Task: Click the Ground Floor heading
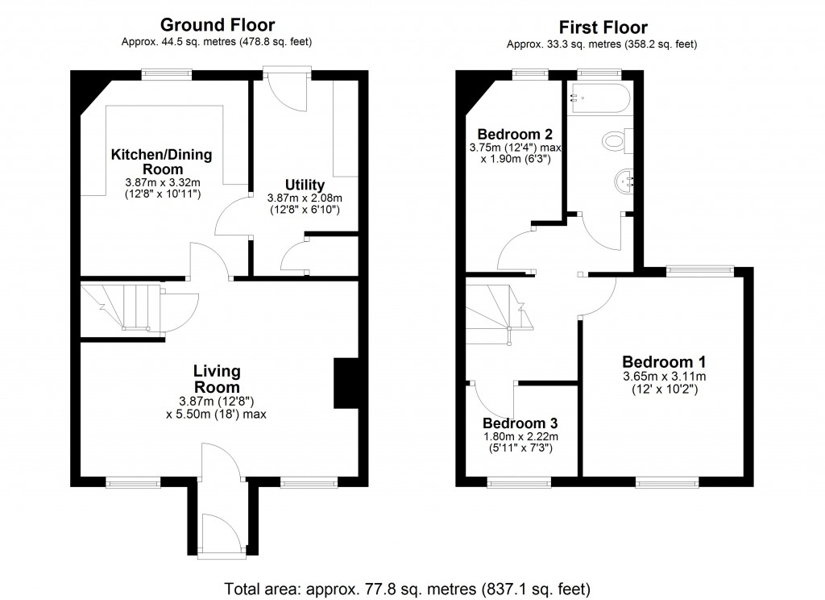tap(217, 25)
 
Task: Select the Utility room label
tap(305, 185)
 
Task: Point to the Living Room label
tap(217, 379)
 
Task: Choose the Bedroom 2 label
tap(515, 134)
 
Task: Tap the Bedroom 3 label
tap(520, 423)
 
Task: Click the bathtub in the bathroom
tap(598, 98)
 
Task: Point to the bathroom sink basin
tap(623, 181)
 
